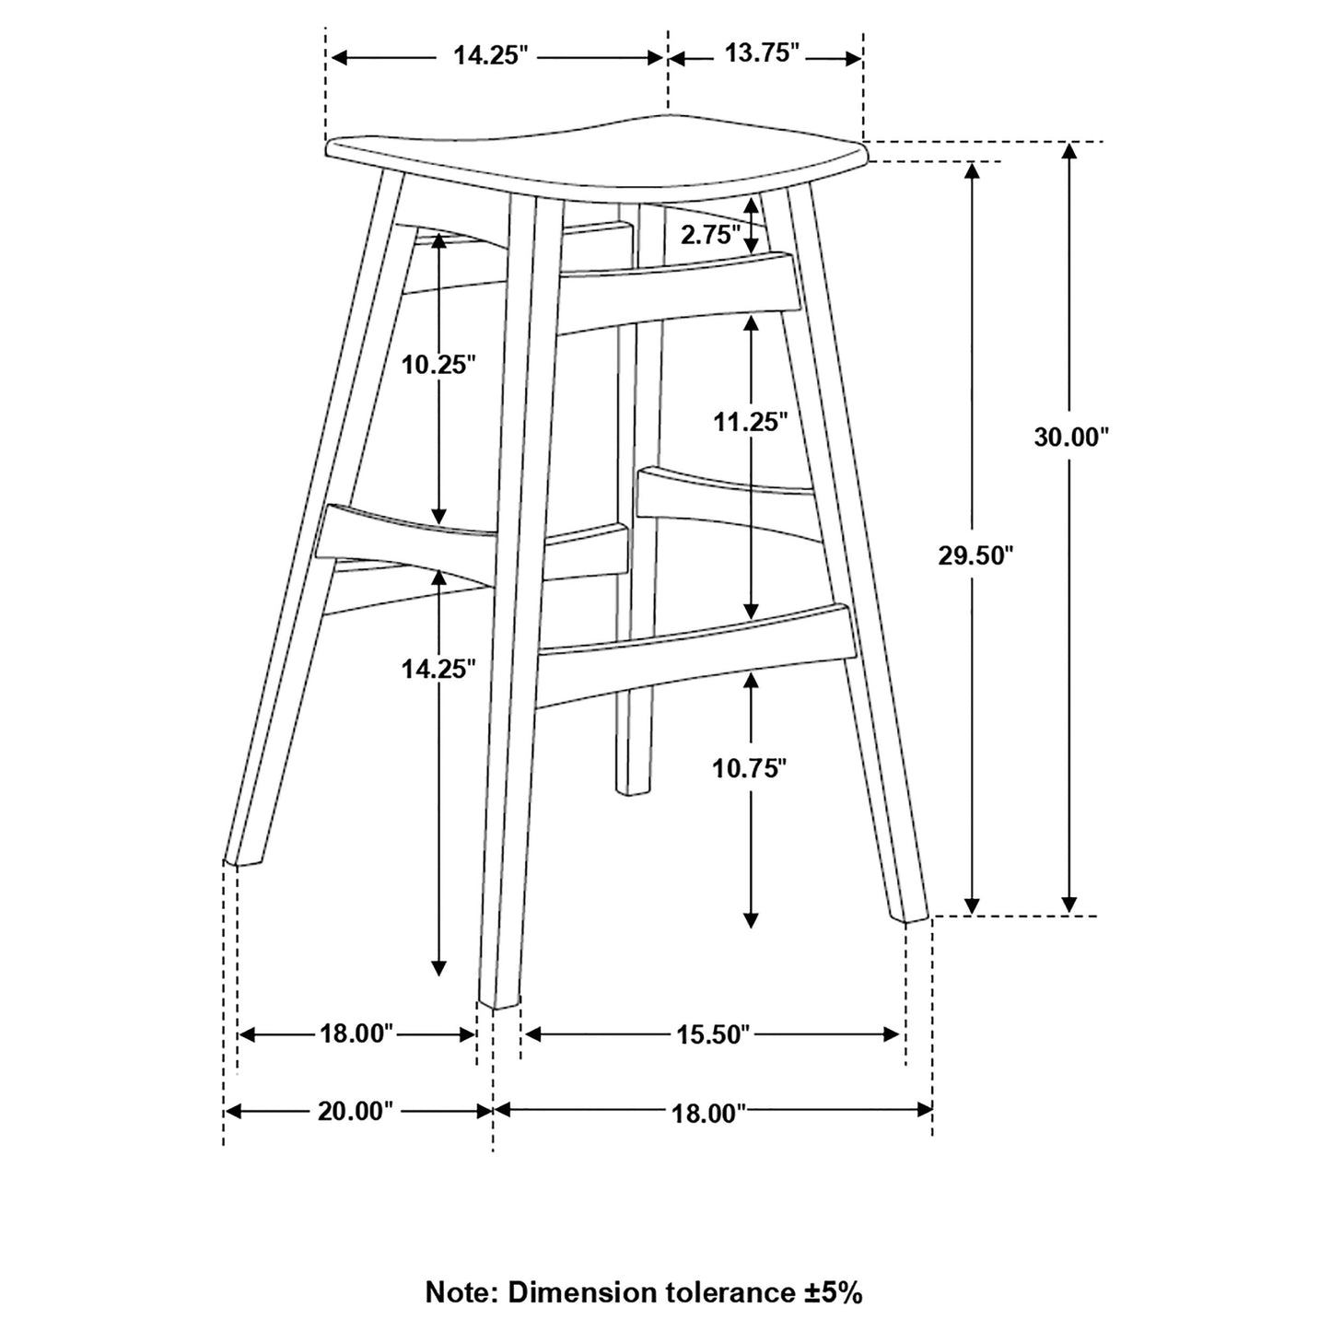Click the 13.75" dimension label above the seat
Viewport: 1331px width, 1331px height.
[x=762, y=53]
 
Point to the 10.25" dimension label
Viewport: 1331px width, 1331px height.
[x=439, y=364]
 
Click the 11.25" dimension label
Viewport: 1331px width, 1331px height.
[x=750, y=421]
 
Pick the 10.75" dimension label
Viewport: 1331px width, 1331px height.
[x=750, y=767]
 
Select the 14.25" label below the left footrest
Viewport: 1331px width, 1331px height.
[x=439, y=668]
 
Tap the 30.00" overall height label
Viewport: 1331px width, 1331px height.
[x=1071, y=437]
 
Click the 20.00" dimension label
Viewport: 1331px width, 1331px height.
[x=355, y=1112]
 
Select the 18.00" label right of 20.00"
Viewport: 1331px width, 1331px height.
[x=709, y=1114]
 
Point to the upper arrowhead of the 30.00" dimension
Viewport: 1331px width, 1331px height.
[x=1069, y=150]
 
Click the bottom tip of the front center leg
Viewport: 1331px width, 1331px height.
[x=499, y=1005]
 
